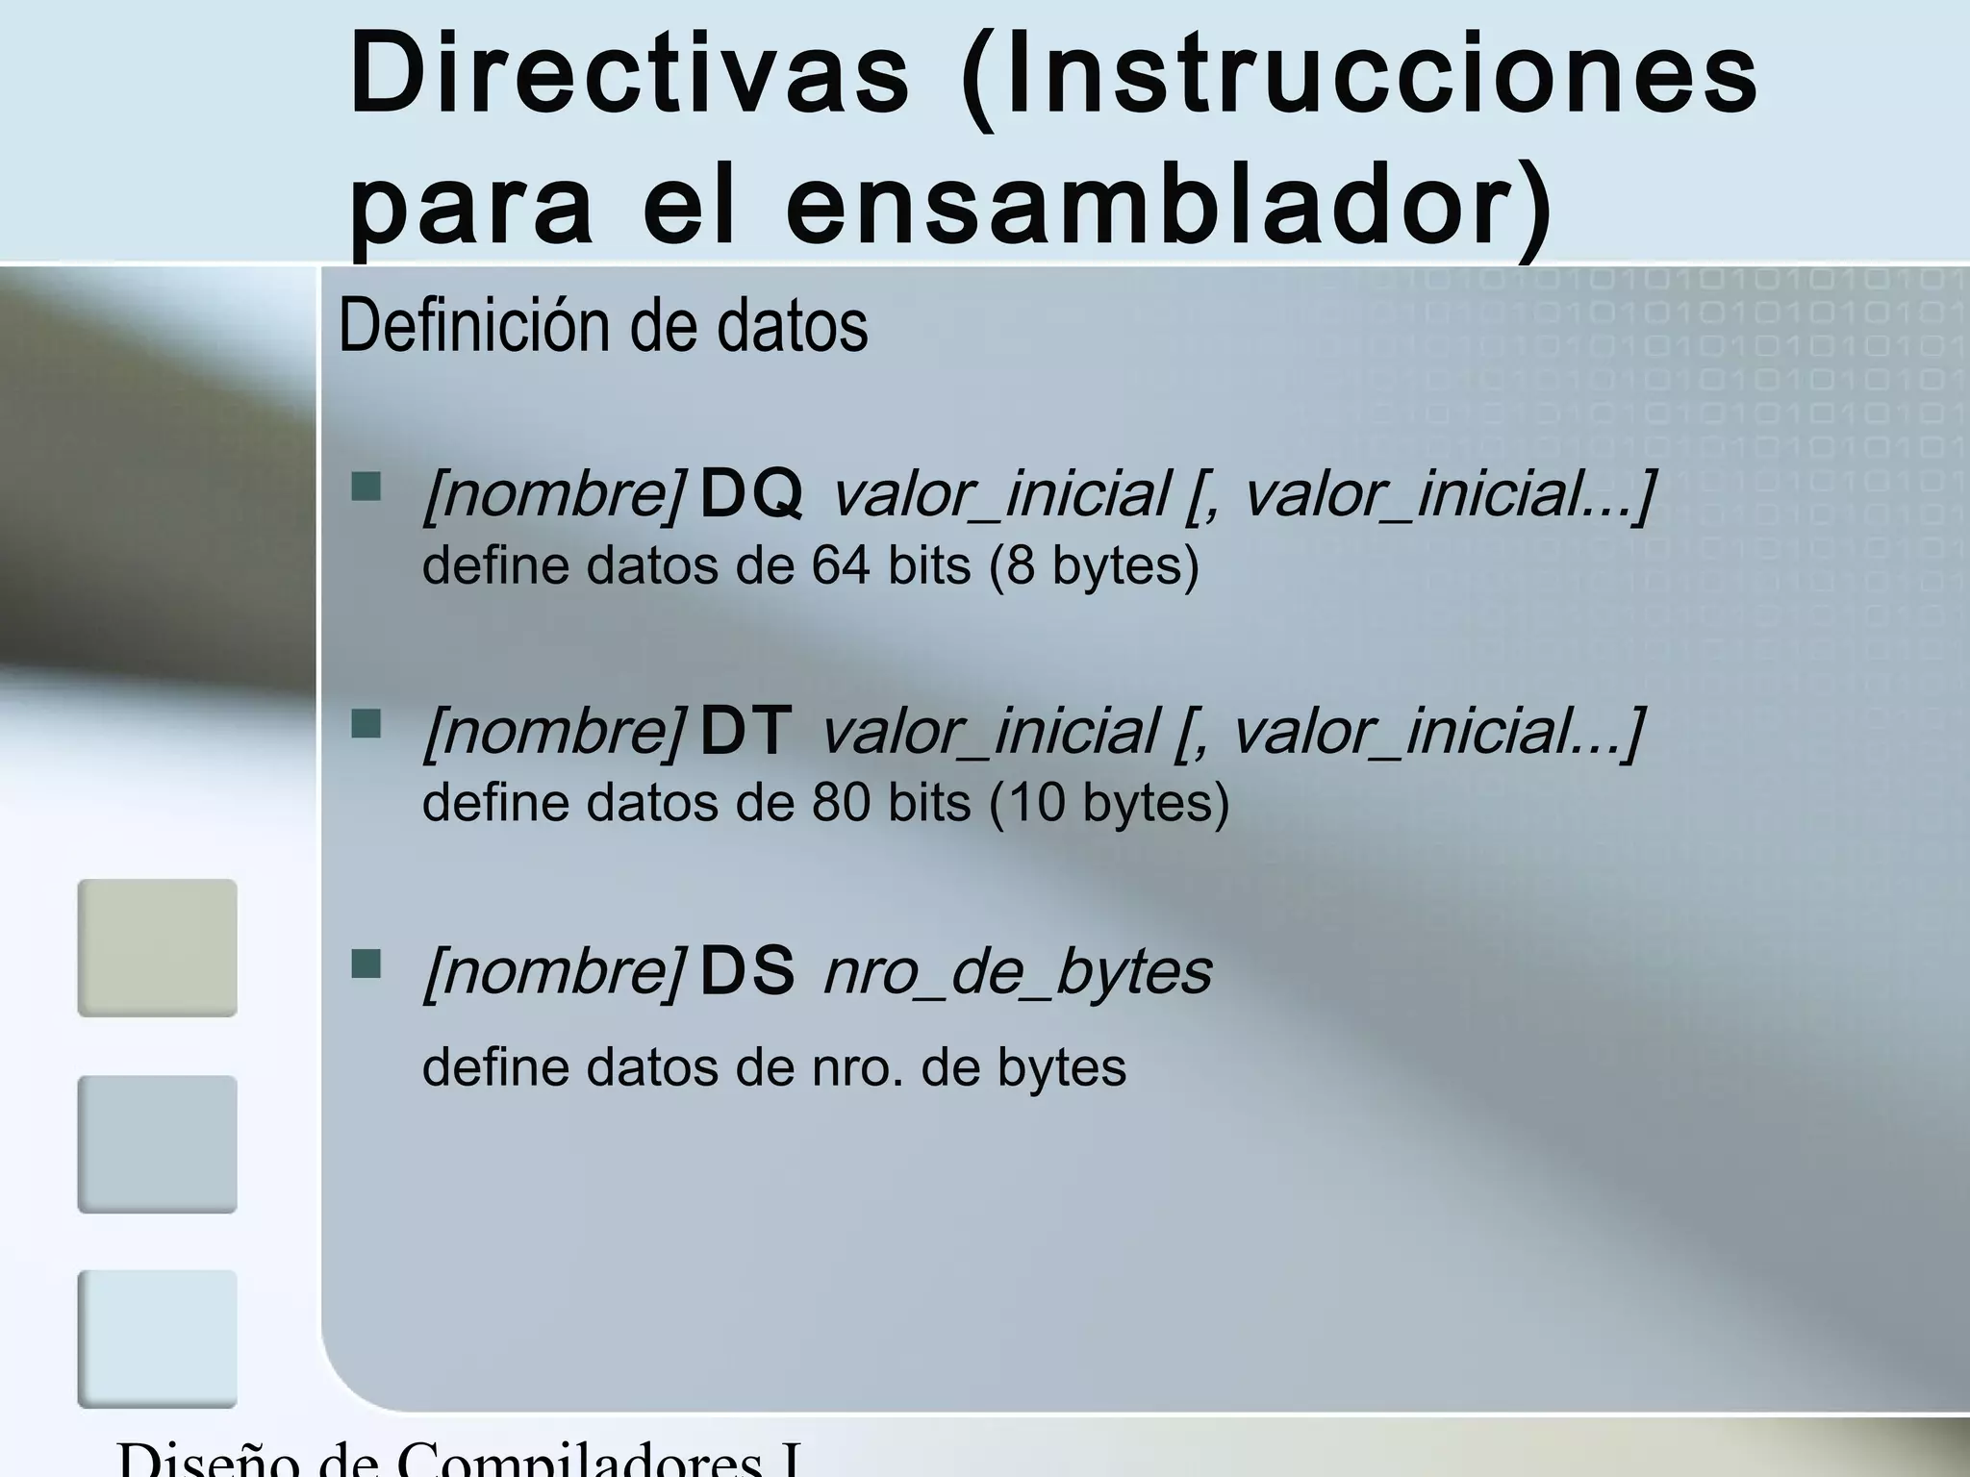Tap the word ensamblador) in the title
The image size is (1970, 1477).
1168,207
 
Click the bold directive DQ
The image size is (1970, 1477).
750,494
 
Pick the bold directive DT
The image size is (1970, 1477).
745,732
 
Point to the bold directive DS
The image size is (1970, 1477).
746,971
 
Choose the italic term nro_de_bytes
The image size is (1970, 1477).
1018,972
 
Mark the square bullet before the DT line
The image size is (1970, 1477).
366,724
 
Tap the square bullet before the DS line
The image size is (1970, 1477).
366,963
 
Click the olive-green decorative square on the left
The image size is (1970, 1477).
157,947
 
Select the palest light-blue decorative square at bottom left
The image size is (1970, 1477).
157,1338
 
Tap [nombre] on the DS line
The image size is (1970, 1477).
554,972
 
